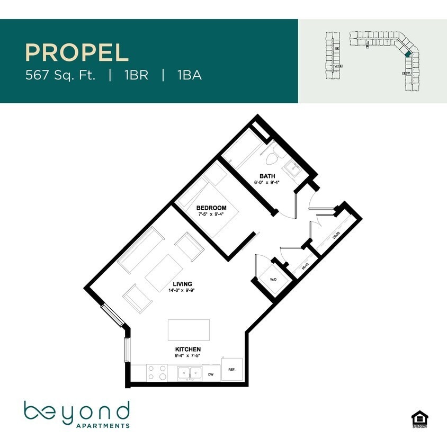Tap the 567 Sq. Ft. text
[60, 75]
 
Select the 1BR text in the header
[136, 75]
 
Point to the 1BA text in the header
[189, 75]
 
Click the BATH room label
[267, 176]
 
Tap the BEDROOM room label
[211, 208]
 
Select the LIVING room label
[182, 284]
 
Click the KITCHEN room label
[188, 350]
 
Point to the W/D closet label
[273, 279]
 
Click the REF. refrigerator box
[232, 369]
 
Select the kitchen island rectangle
[189, 330]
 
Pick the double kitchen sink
[190, 373]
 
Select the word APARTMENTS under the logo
[103, 425]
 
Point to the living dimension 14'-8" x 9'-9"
[182, 290]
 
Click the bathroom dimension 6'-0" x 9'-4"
[267, 182]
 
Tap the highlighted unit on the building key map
[407, 54]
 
